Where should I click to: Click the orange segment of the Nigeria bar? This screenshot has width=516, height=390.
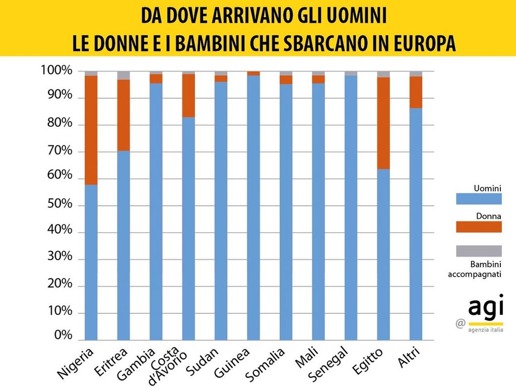click(x=91, y=130)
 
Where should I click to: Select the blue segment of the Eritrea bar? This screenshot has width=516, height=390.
click(x=123, y=245)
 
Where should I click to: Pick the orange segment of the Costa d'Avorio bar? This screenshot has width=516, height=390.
click(x=188, y=95)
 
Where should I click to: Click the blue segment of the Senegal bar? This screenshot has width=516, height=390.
click(x=351, y=207)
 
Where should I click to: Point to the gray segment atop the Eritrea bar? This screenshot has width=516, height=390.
click(x=123, y=75)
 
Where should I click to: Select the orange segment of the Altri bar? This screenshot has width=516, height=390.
click(x=416, y=92)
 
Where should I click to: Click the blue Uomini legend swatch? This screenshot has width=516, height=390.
click(x=478, y=199)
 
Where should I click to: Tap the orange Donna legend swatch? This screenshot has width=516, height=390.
click(x=478, y=227)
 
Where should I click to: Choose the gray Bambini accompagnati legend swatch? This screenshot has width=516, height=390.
click(x=478, y=251)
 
